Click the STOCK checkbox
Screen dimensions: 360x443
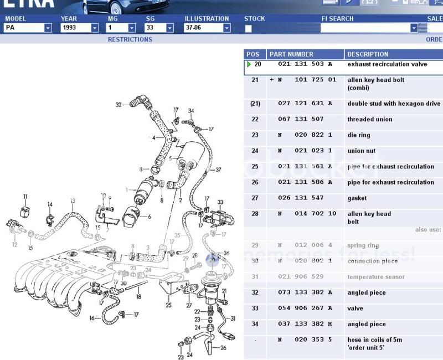click(x=248, y=28)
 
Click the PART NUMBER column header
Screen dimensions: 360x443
click(x=291, y=54)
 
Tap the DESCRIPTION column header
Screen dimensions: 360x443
click(x=368, y=54)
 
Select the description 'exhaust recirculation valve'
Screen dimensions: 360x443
click(x=387, y=64)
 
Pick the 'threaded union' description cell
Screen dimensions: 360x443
click(x=370, y=120)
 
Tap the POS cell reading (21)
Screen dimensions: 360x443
click(x=255, y=104)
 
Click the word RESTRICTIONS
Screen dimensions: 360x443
click(x=130, y=40)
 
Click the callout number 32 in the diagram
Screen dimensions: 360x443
click(x=119, y=104)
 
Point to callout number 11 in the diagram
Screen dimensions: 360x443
click(x=25, y=197)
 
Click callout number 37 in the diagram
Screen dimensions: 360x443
click(x=218, y=169)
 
